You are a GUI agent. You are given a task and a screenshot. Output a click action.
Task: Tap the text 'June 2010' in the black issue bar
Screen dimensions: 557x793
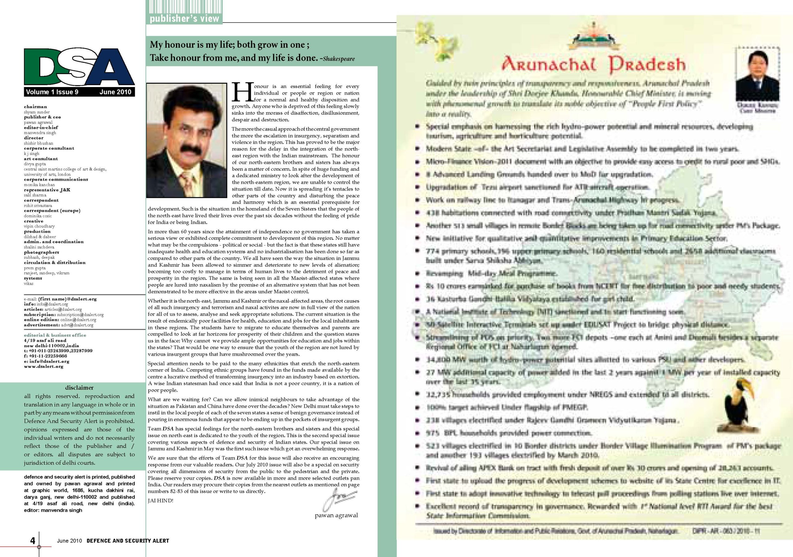(x=115, y=92)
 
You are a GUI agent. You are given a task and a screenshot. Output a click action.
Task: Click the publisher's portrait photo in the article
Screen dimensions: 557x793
(x=186, y=140)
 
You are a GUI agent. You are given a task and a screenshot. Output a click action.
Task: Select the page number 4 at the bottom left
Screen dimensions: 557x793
(x=33, y=540)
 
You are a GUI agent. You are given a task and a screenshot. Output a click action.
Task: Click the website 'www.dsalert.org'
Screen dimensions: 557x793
(x=44, y=366)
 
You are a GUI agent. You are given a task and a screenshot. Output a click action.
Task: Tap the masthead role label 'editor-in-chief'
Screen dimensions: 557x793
(x=41, y=127)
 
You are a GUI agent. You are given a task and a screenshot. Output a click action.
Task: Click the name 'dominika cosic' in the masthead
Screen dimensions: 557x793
(x=38, y=216)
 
